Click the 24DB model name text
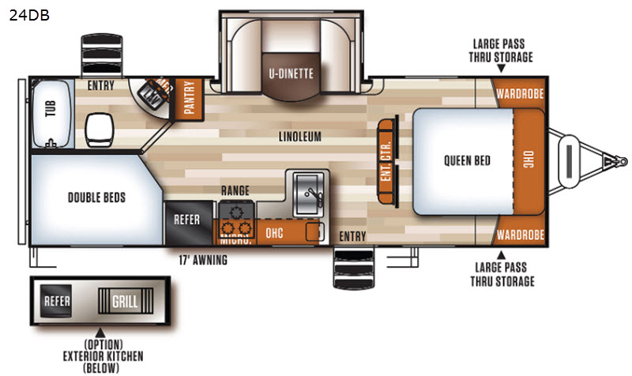[x=29, y=15]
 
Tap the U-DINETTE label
[x=291, y=73]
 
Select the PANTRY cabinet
[x=189, y=98]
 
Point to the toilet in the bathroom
[x=100, y=130]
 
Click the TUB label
[x=51, y=109]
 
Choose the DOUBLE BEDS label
[x=96, y=197]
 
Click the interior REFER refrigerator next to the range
[x=189, y=223]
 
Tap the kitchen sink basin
[x=308, y=194]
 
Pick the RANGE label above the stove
[x=235, y=190]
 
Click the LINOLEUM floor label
[x=300, y=137]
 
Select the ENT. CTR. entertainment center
[x=387, y=161]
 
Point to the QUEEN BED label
[x=467, y=161]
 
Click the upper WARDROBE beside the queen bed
[x=519, y=93]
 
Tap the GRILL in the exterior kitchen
[x=126, y=301]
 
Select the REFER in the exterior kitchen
[x=56, y=301]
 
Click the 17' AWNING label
[x=203, y=260]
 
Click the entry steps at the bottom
[x=353, y=268]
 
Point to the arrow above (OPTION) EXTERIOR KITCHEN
[x=100, y=333]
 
